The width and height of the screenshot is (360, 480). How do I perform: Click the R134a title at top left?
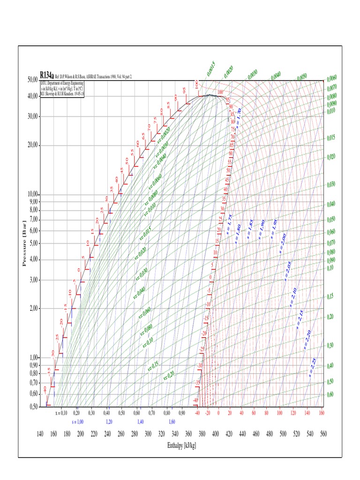[47, 75]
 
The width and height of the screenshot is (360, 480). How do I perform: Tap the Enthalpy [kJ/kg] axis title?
[181, 445]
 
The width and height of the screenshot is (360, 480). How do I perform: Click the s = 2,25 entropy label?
[313, 367]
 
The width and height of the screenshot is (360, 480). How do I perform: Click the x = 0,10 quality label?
[61, 413]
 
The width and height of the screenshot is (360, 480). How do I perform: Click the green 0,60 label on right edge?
[330, 394]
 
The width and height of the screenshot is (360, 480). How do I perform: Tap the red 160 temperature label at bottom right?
[321, 413]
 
